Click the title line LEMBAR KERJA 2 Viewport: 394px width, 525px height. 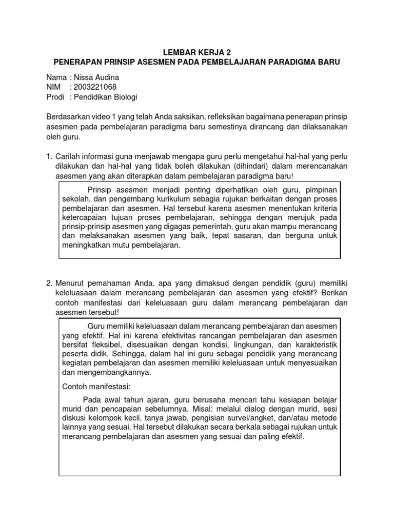(197, 52)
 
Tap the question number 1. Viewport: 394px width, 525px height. (49, 156)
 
